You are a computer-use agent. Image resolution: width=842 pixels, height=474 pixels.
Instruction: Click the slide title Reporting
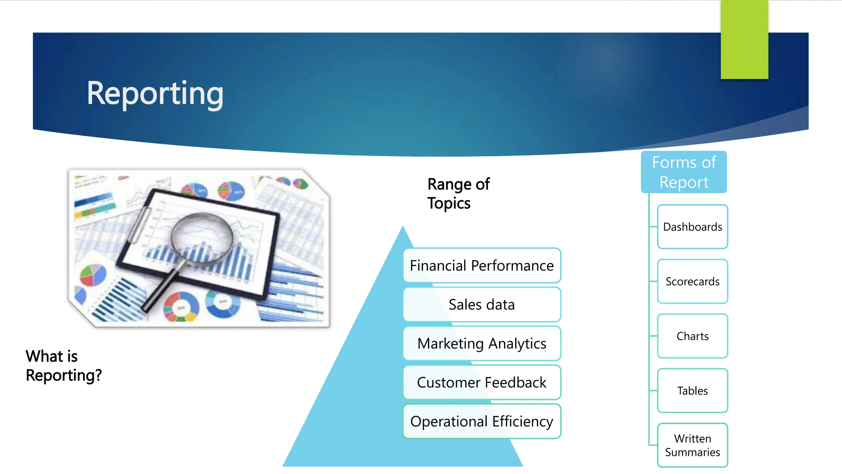point(155,94)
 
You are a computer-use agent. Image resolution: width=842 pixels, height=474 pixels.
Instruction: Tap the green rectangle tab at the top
point(744,40)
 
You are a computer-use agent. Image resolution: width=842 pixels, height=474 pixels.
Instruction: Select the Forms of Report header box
point(684,172)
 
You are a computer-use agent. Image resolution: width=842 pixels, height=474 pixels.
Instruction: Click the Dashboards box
point(692,227)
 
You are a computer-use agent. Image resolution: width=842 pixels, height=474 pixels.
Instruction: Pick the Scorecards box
point(692,281)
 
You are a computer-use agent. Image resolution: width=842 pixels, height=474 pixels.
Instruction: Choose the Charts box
point(692,336)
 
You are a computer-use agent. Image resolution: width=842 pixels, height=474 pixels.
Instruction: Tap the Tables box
point(692,390)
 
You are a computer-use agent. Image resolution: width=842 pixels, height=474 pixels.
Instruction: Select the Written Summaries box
point(692,445)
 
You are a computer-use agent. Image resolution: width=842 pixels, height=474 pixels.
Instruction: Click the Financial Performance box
point(482,265)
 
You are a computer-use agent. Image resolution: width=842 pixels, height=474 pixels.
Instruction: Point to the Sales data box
point(482,304)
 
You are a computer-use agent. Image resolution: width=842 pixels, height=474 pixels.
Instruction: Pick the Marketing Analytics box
point(482,344)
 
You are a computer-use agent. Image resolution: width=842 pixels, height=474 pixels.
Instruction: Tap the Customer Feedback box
point(482,382)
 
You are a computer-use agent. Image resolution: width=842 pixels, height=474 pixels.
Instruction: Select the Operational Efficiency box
point(482,421)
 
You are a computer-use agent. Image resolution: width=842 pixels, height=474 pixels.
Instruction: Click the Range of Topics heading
point(458,193)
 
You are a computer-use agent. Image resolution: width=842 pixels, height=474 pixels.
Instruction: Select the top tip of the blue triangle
point(403,228)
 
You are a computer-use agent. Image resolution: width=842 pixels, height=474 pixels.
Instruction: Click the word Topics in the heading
point(449,203)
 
